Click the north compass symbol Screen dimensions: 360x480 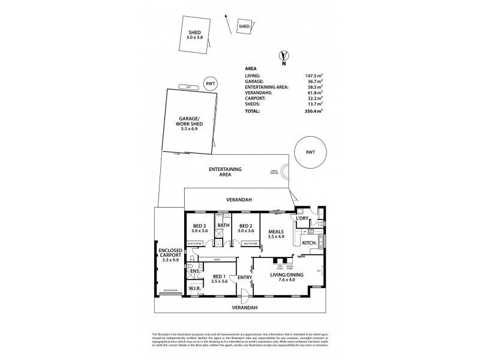point(284,56)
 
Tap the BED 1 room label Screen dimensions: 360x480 point(220,277)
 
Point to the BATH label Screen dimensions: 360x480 point(223,226)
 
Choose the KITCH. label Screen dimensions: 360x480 point(310,242)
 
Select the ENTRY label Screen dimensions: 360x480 point(244,277)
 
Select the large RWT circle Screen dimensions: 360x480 point(310,152)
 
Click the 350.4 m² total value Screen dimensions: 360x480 point(314,111)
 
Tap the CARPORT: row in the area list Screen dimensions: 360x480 point(257,99)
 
